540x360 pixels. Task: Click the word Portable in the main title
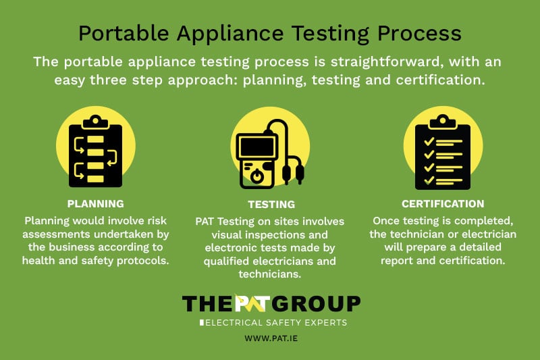(124, 33)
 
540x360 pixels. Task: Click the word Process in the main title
(419, 33)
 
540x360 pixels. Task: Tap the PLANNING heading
(95, 203)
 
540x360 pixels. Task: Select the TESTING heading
(271, 204)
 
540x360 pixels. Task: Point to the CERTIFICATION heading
(443, 203)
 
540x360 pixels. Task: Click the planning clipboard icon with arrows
(95, 151)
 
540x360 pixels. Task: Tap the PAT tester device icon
(269, 154)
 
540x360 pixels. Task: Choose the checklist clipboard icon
(443, 152)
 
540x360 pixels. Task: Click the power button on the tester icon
(257, 176)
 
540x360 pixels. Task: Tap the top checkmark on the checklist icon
(429, 141)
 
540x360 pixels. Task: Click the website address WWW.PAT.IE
(271, 338)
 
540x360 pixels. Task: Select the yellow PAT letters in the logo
(252, 303)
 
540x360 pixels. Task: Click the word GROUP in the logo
(316, 303)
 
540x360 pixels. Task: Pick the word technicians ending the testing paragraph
(269, 274)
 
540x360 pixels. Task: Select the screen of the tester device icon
(257, 147)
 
